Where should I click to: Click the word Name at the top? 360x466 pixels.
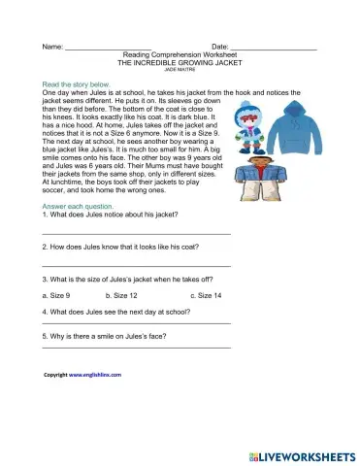(52, 47)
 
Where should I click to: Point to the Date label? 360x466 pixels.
(219, 47)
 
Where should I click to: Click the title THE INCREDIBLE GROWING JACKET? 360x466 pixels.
(180, 62)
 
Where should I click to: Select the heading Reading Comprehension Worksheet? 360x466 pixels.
(180, 54)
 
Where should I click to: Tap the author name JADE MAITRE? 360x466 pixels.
(180, 70)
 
